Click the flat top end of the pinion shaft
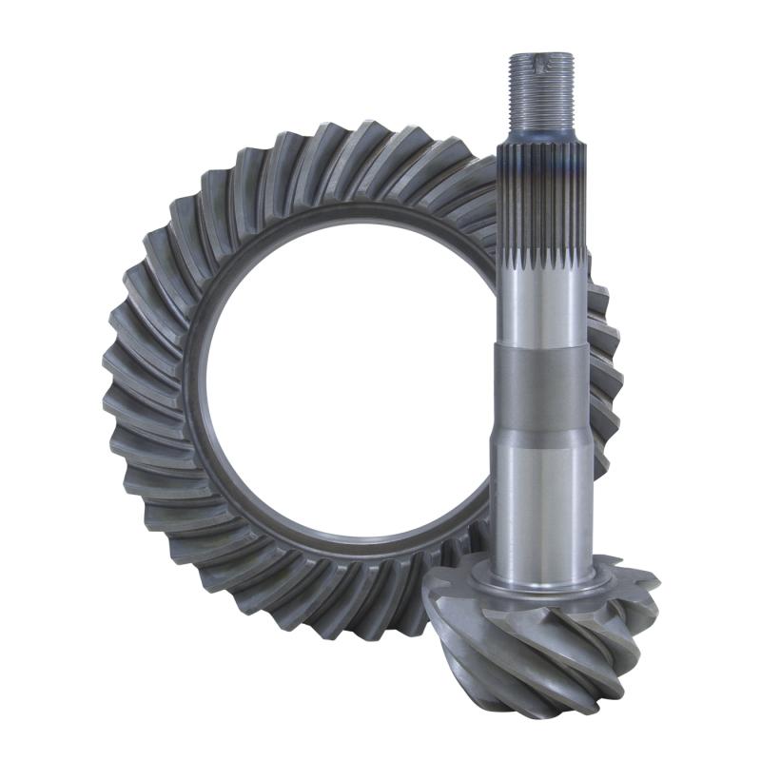pyautogui.click(x=541, y=55)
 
